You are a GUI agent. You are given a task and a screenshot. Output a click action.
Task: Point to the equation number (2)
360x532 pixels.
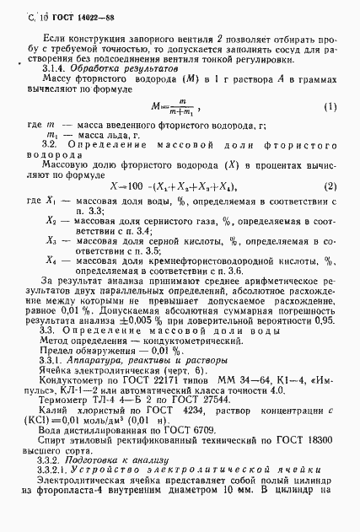(x=330, y=185)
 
